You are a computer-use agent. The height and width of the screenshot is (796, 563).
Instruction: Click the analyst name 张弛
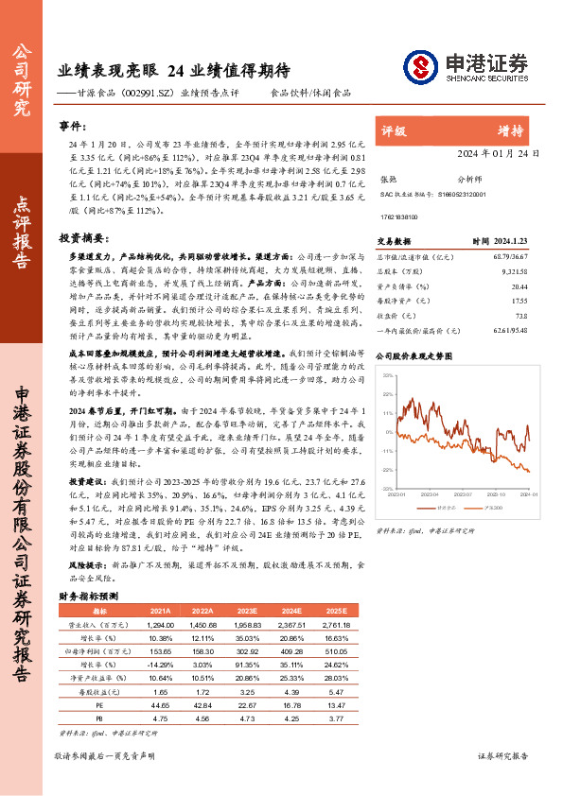tap(388, 178)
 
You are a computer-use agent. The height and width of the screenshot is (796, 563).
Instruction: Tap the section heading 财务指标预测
tap(88, 597)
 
